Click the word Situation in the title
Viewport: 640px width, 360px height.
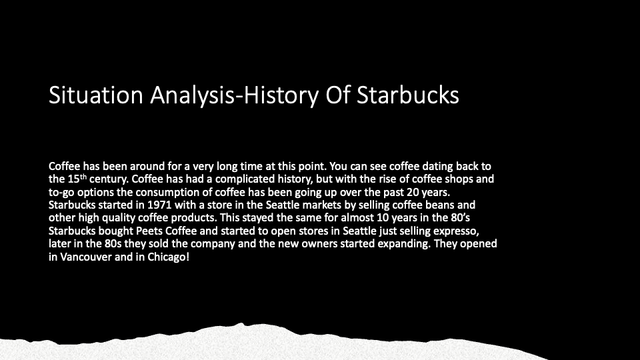coord(96,95)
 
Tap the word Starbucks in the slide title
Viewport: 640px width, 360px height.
coord(408,95)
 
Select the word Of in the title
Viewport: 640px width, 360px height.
coord(338,95)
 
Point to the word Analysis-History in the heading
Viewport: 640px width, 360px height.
coord(234,95)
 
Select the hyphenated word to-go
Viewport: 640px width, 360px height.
coord(61,192)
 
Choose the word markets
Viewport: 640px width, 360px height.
coord(321,205)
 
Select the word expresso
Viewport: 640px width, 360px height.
coord(456,231)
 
